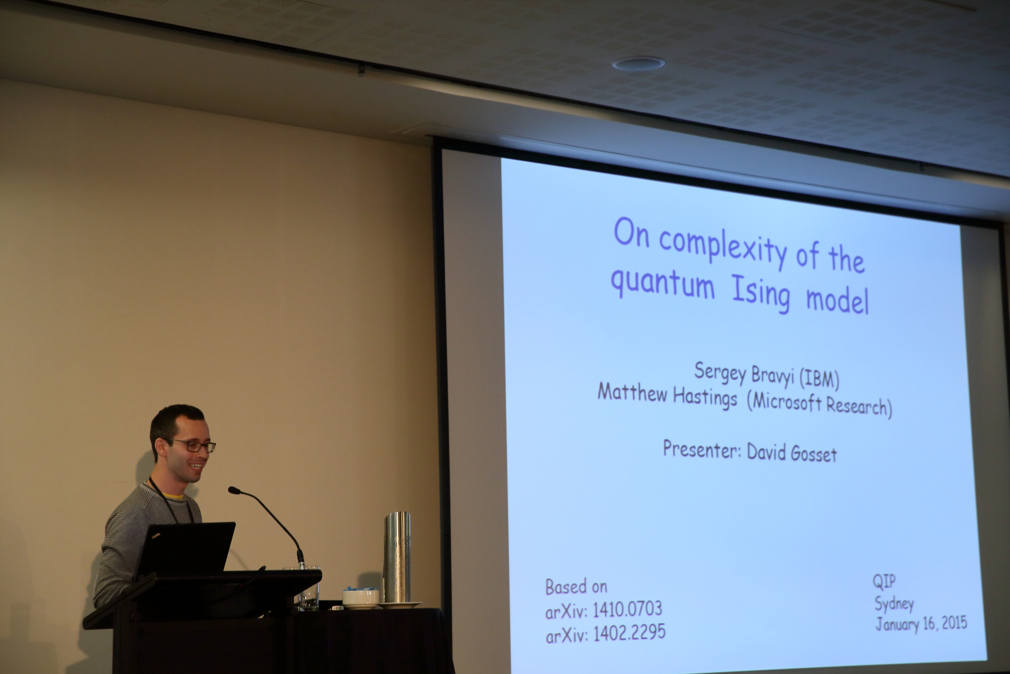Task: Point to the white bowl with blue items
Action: tap(361, 598)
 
